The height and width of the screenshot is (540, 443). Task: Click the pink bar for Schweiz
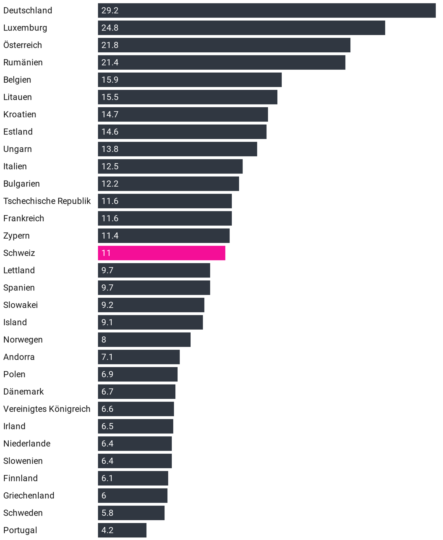click(162, 253)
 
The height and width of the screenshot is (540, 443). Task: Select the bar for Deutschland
click(266, 10)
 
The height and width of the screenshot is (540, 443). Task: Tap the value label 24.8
click(110, 28)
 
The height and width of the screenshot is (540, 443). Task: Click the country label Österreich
click(22, 45)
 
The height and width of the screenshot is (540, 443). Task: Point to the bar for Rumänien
click(221, 62)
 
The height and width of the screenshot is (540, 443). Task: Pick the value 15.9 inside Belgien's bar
click(110, 80)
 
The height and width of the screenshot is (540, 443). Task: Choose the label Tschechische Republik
click(47, 201)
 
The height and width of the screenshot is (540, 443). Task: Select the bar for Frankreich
click(165, 218)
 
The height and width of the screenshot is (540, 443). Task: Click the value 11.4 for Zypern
click(110, 236)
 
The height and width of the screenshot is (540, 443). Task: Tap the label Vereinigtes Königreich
click(47, 409)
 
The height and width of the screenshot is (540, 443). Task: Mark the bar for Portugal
click(122, 530)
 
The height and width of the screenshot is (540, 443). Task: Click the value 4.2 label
click(107, 530)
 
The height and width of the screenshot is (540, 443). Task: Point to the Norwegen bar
click(144, 340)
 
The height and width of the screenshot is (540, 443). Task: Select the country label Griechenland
click(29, 495)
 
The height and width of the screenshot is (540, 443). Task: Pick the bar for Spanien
click(154, 288)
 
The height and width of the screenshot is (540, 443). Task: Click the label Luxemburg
click(25, 28)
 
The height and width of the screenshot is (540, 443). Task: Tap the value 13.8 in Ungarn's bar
click(110, 149)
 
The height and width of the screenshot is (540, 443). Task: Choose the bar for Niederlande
click(135, 444)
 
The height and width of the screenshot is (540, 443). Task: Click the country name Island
click(15, 322)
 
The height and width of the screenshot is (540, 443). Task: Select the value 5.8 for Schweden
click(107, 513)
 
